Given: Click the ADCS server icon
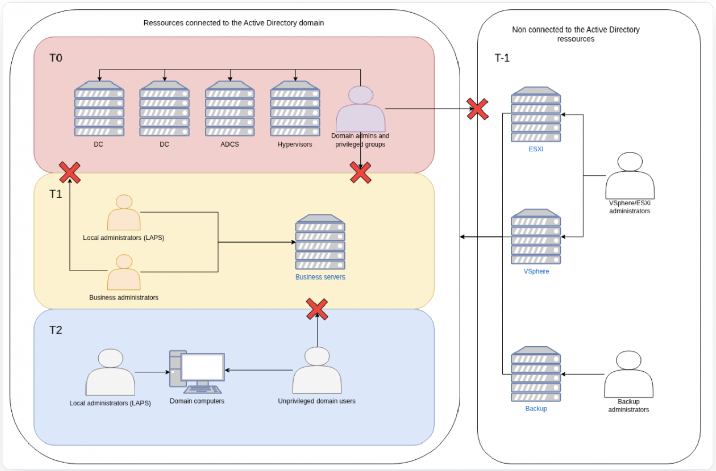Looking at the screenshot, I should click(x=230, y=109).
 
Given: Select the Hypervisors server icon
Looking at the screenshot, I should click(x=295, y=109).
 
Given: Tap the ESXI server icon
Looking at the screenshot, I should click(x=536, y=114).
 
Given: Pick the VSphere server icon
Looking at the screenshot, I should click(x=536, y=237).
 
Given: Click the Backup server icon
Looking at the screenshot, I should click(x=536, y=374).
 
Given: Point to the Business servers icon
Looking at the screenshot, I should click(x=320, y=242).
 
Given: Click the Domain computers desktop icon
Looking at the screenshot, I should click(x=197, y=372).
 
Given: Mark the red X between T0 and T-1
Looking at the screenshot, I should click(x=477, y=109).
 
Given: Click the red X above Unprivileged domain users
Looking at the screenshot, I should click(x=317, y=309).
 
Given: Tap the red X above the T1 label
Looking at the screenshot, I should click(x=70, y=173).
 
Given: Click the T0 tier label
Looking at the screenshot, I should click(x=55, y=58).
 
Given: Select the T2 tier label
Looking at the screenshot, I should click(x=55, y=330).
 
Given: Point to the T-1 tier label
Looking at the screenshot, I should click(x=502, y=58).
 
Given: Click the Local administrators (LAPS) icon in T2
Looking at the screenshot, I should click(x=110, y=372).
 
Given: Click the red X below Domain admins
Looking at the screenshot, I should click(x=360, y=173).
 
